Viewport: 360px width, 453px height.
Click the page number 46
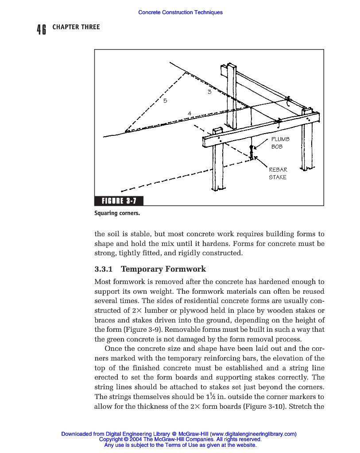pyautogui.click(x=42, y=29)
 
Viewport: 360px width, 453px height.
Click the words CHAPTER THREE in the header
pyautogui.click(x=76, y=27)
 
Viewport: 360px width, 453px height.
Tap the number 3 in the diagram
pyautogui.click(x=209, y=92)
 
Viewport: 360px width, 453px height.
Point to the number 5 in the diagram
pyautogui.click(x=165, y=101)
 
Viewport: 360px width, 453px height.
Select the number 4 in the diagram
pyautogui.click(x=190, y=114)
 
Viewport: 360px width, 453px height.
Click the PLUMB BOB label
pyautogui.click(x=280, y=142)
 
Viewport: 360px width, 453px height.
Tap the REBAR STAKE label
pyautogui.click(x=278, y=173)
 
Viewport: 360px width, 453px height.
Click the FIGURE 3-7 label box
pyautogui.click(x=119, y=201)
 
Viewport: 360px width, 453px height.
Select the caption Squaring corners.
pyautogui.click(x=117, y=213)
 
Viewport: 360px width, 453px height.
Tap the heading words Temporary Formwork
pyautogui.click(x=163, y=269)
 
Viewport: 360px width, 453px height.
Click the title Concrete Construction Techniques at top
pyautogui.click(x=180, y=12)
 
